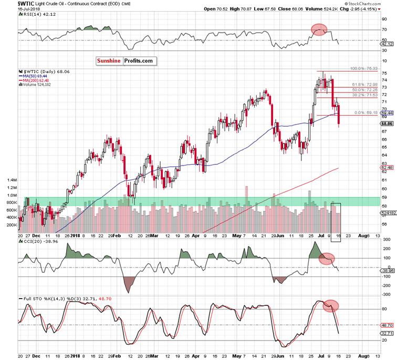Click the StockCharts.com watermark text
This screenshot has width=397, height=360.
point(375,4)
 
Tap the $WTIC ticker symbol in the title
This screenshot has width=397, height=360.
point(12,4)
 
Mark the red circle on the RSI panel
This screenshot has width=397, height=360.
point(319,30)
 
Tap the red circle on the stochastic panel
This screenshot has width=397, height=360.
point(329,305)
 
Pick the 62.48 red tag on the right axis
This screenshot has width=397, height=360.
point(388,168)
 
